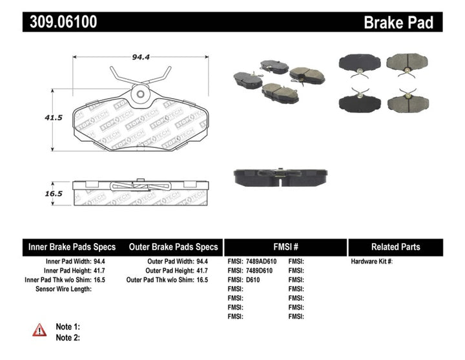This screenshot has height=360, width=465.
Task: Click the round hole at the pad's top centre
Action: (139, 94)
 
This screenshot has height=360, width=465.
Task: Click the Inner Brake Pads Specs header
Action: (72, 247)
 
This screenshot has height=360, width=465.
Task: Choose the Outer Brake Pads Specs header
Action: (173, 247)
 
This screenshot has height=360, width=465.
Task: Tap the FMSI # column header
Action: (285, 247)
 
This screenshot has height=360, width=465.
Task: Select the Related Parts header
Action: (395, 247)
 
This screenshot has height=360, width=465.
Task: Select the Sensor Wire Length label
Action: (63, 289)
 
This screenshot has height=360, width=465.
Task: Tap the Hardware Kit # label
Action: (371, 262)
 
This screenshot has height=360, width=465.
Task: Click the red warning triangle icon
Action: (39, 330)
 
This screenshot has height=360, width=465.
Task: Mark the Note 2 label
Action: (68, 337)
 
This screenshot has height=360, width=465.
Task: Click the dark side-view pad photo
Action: (280, 177)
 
